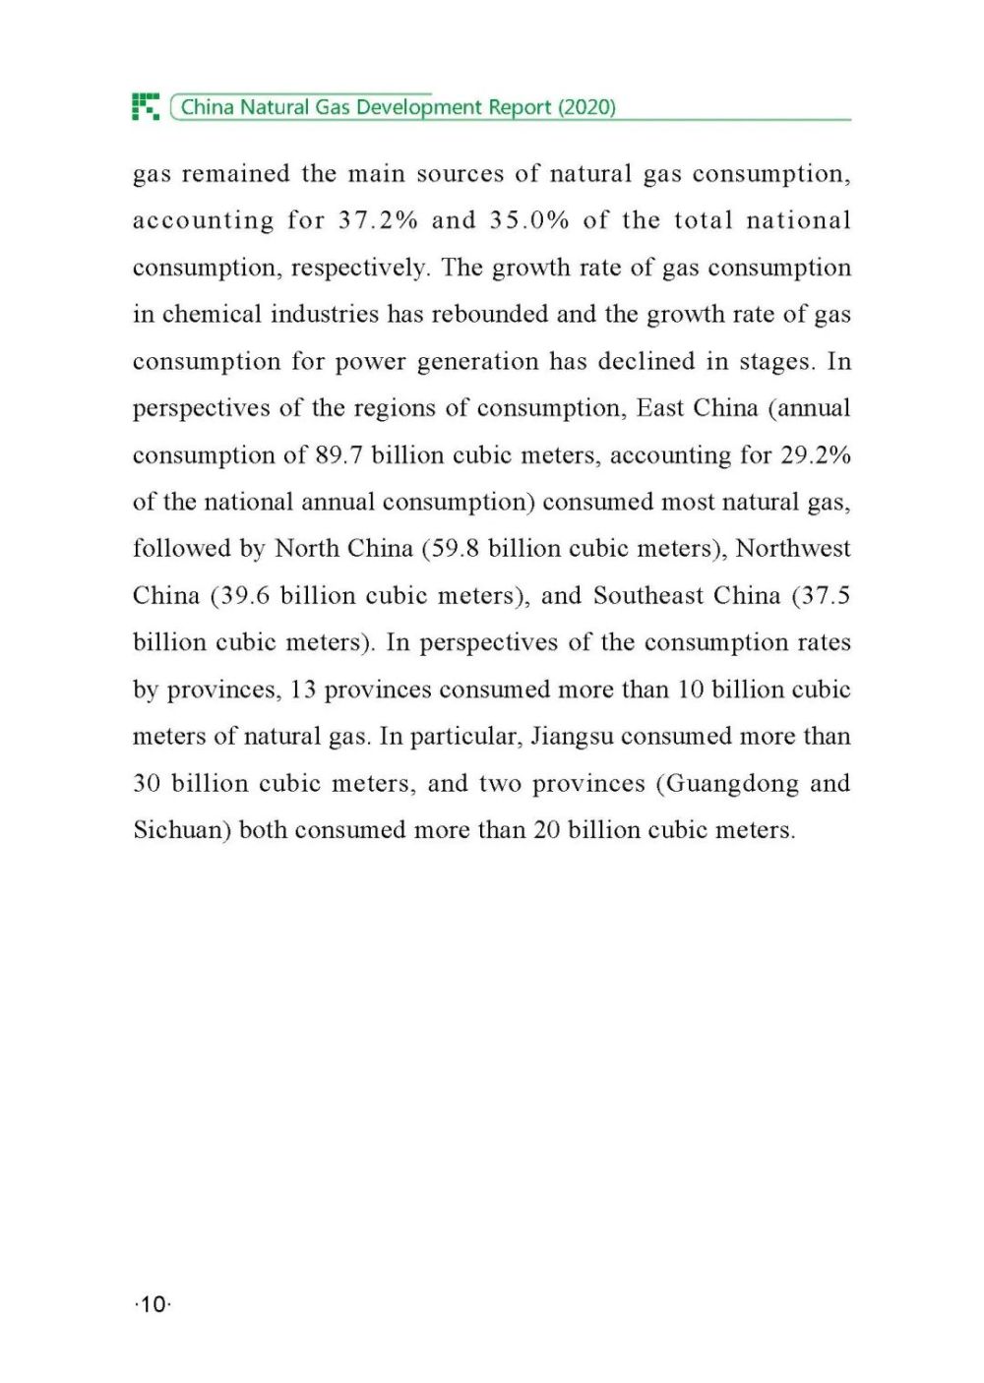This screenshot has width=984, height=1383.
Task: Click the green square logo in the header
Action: [146, 106]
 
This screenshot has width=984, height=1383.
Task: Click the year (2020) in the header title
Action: [586, 107]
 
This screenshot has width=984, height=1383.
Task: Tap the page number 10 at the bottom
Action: [153, 1304]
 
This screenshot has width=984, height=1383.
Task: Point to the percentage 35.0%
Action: [529, 220]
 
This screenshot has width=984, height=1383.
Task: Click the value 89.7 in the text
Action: [339, 455]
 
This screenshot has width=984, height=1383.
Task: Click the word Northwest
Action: [793, 549]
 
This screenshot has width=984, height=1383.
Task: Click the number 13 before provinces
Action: [303, 690]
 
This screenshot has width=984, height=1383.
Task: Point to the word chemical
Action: [212, 315]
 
